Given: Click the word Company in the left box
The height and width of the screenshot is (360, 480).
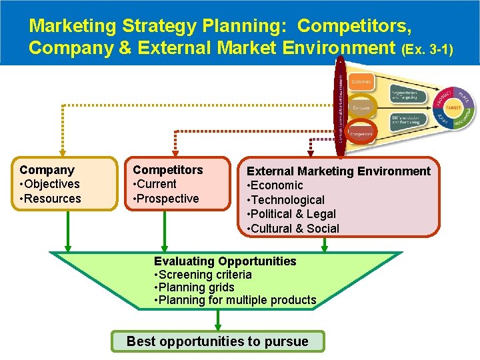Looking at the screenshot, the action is [x=47, y=170].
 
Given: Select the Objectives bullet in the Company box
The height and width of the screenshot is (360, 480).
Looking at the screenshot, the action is [x=50, y=184].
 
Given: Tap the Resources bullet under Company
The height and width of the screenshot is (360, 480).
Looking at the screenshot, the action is [x=51, y=199].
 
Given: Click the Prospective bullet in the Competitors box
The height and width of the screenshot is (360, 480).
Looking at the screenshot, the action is [x=166, y=199].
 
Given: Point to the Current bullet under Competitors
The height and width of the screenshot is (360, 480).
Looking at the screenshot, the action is [x=155, y=184].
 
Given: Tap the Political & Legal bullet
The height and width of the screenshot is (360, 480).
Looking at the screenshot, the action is [x=291, y=214].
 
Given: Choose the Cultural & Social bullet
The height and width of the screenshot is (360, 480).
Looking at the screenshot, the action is [x=293, y=229].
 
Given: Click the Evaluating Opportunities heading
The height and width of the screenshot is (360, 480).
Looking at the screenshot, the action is [x=225, y=261].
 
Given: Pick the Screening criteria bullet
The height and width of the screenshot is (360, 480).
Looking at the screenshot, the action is [x=203, y=275].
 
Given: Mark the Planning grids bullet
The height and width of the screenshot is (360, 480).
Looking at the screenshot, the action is [x=194, y=287].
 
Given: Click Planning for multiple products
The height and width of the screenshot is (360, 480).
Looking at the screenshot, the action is [x=235, y=300].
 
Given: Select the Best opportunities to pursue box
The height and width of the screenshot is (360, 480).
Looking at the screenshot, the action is [x=217, y=341].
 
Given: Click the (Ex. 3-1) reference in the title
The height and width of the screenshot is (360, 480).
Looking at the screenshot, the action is [x=427, y=49].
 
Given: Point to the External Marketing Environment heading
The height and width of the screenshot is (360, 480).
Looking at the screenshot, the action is [x=339, y=171].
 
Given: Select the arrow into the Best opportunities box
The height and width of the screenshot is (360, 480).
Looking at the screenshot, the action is [x=217, y=322].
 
